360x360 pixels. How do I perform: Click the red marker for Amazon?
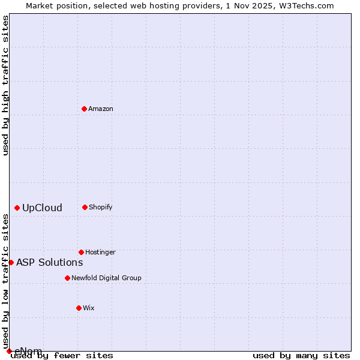pos(84,109)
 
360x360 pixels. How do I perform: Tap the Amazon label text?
pos(101,109)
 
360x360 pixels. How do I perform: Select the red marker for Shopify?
pos(85,207)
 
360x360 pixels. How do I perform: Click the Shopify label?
pos(101,208)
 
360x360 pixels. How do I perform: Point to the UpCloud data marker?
pos(17,208)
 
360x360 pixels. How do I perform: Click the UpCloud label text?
pos(42,208)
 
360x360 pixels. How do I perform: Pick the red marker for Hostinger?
pos(81,252)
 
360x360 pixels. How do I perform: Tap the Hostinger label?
pos(100,253)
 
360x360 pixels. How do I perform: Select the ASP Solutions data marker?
pos(11,262)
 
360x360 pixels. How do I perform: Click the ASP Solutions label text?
pos(49,262)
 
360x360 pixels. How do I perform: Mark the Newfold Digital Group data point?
pos(67,278)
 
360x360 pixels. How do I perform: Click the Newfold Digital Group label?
pos(106,278)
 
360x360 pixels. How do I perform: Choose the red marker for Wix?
pos(79,308)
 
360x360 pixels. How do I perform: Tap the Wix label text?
pos(89,308)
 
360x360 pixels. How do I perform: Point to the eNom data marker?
pos(9,351)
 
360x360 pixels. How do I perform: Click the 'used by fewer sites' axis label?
pos(62,356)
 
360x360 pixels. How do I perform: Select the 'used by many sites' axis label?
pos(301,356)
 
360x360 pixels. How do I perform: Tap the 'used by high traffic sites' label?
pos(5,85)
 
